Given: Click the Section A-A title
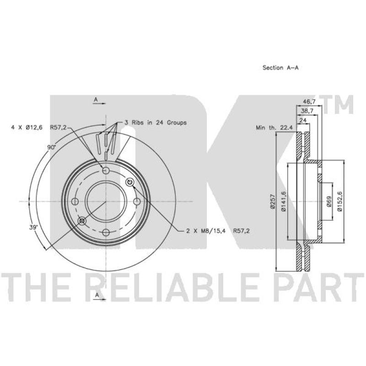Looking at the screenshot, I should pos(280,68).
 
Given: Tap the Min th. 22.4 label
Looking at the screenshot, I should pos(274,129).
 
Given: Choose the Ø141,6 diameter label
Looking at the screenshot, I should pos(283,202).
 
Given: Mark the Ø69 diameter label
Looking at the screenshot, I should pos(329,202).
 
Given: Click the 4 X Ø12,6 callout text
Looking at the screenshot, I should pos(27,128).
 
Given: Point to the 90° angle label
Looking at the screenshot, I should pos(51,147).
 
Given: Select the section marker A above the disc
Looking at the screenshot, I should pos(96,99).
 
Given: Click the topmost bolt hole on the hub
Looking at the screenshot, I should pos(106,171).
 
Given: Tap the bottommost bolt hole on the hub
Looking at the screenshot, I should pos(106,233).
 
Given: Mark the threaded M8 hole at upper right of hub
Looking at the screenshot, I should pos(129,183).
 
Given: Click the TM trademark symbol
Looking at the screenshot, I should pos(339,104).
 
